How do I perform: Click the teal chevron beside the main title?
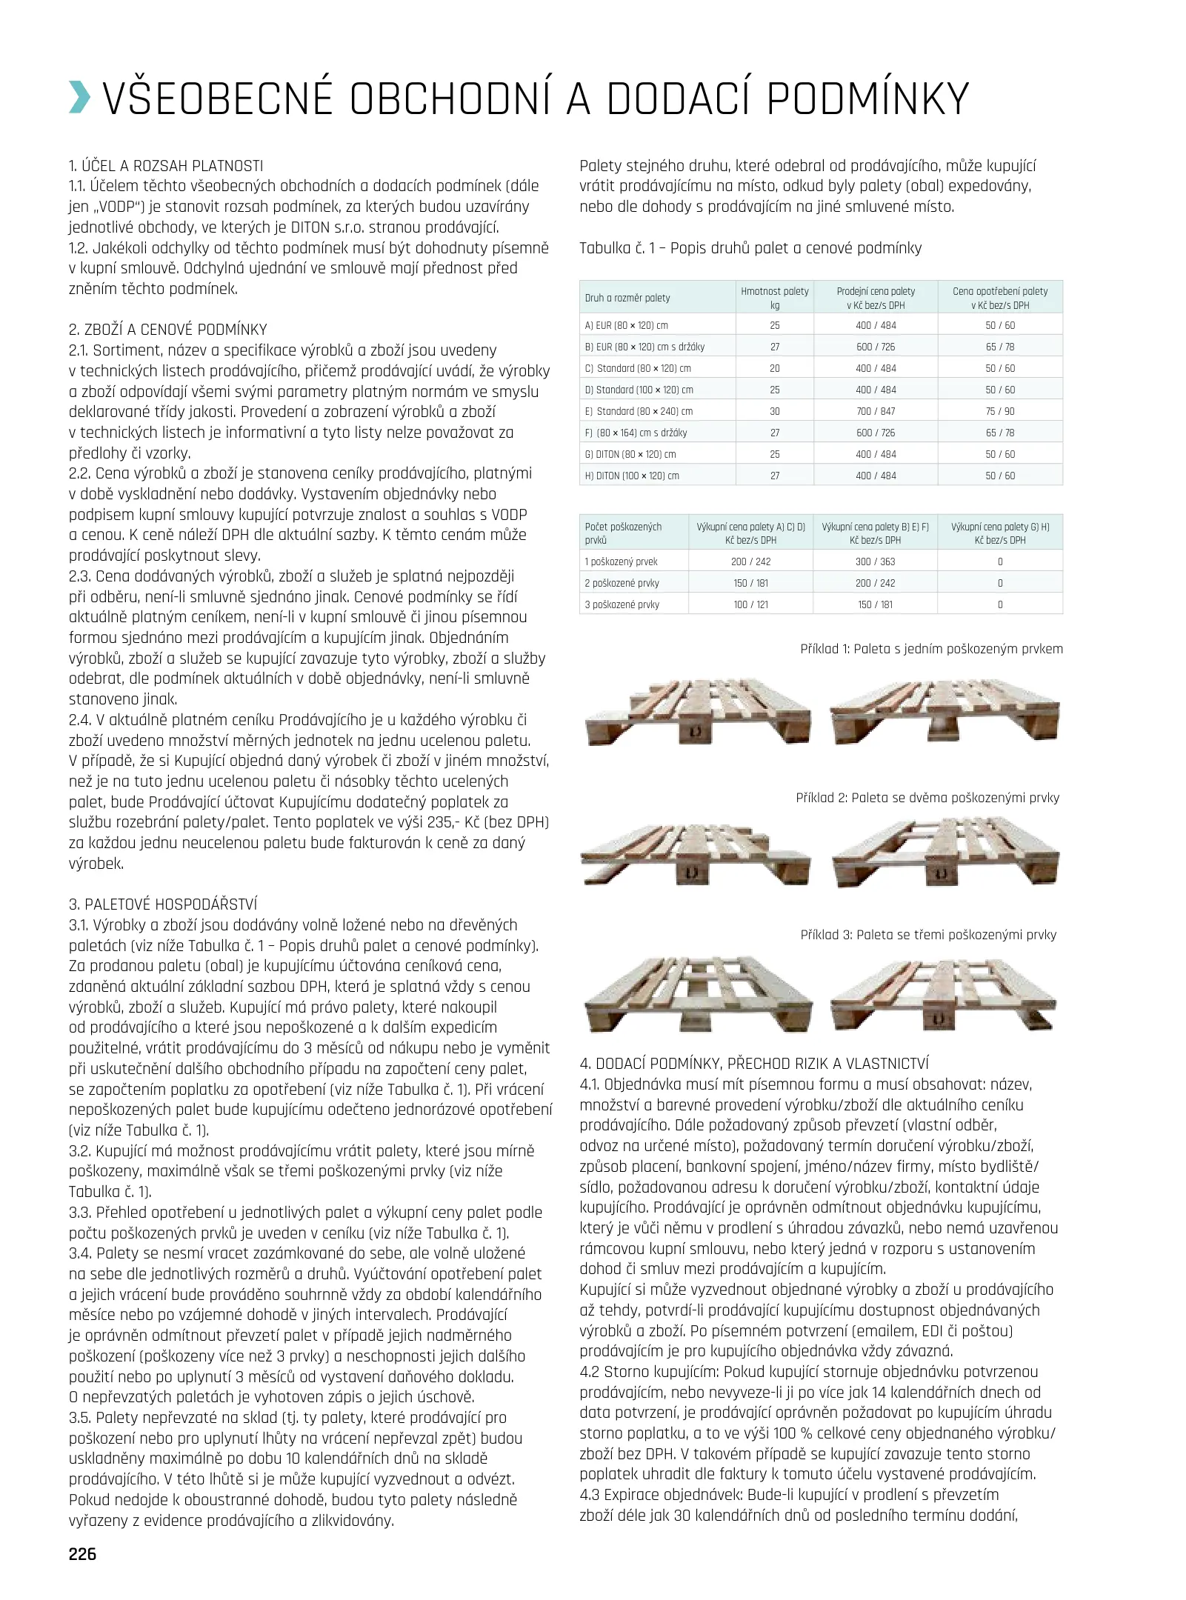pyautogui.click(x=80, y=98)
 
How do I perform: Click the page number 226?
pyautogui.click(x=82, y=1553)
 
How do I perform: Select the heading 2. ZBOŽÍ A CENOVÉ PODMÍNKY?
pyautogui.click(x=167, y=330)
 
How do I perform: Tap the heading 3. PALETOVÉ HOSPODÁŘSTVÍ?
pyautogui.click(x=163, y=904)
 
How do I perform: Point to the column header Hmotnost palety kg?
pyautogui.click(x=774, y=298)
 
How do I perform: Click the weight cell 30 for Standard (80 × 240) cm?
pyautogui.click(x=774, y=411)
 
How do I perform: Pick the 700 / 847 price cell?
pyautogui.click(x=876, y=411)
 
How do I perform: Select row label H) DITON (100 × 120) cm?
pyautogui.click(x=632, y=476)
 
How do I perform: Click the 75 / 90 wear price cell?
pyautogui.click(x=1000, y=411)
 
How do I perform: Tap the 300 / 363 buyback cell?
pyautogui.click(x=876, y=561)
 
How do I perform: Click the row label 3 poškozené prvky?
pyautogui.click(x=622, y=604)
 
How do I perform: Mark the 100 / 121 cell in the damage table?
pyautogui.click(x=750, y=604)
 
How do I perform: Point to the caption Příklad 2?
pyautogui.click(x=927, y=798)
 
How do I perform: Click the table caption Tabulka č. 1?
pyautogui.click(x=750, y=248)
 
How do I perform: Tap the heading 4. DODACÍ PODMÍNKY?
pyautogui.click(x=753, y=1064)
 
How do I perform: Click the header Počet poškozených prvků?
pyautogui.click(x=623, y=533)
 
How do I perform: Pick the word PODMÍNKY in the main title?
pyautogui.click(x=867, y=98)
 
